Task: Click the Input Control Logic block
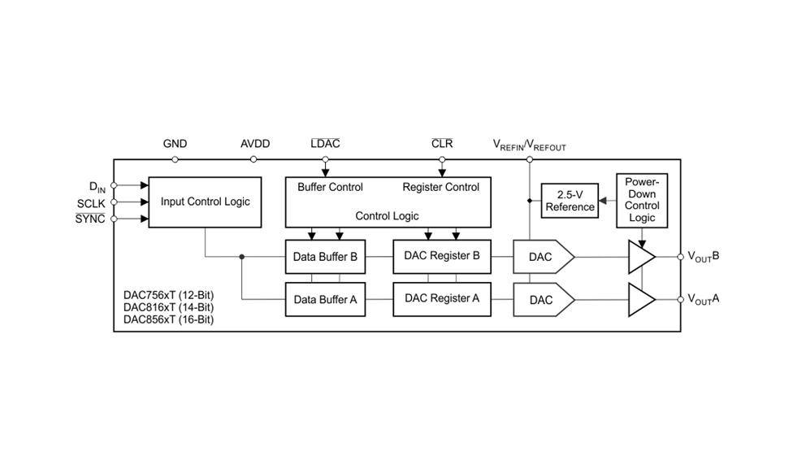205,202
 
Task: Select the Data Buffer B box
325,257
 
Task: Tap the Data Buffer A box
325,299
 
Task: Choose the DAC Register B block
442,257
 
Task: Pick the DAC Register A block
442,299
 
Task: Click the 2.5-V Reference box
570,201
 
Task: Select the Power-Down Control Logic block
642,200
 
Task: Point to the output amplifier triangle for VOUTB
642,257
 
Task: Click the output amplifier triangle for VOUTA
642,299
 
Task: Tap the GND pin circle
175,159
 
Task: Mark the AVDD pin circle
253,159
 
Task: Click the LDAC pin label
325,144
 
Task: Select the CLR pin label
442,144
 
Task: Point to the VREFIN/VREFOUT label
530,145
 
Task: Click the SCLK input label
91,204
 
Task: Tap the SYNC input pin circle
114,219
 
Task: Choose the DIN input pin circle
114,185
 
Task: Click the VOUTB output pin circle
680,257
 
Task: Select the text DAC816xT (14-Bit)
168,307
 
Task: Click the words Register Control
440,187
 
